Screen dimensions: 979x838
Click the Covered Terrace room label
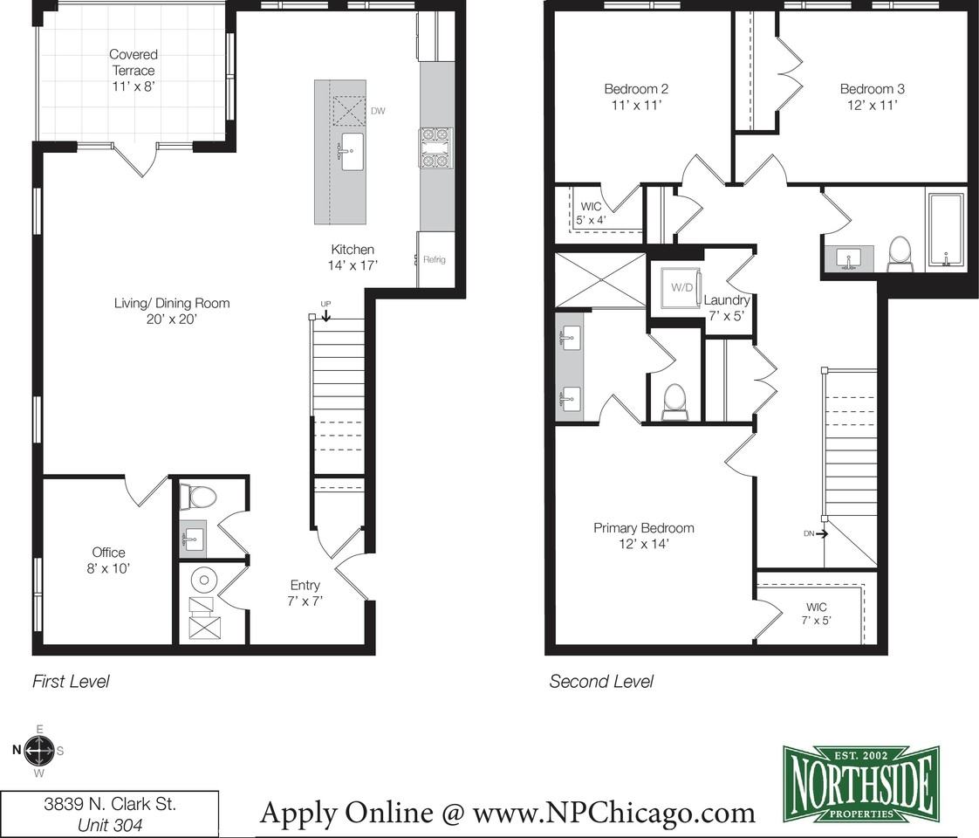133,71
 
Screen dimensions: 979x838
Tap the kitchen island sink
353,151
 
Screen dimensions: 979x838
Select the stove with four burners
435,148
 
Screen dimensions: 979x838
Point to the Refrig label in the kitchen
434,260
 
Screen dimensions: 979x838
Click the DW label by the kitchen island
378,111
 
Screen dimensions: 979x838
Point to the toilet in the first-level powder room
199,498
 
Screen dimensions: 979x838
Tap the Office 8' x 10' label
108,560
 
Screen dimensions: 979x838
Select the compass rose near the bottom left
38,750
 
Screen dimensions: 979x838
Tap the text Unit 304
110,825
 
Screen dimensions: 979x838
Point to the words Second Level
601,681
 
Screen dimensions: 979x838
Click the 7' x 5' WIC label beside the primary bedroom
816,614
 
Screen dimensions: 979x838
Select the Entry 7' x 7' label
305,594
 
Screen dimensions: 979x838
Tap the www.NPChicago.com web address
613,813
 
